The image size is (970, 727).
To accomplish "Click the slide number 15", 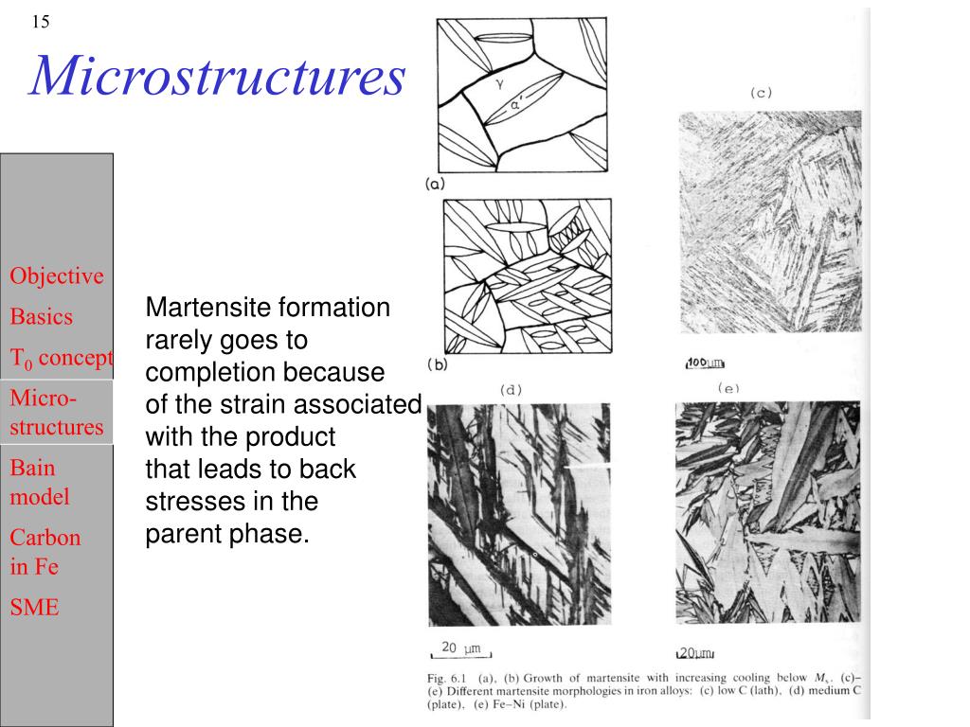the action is pyautogui.click(x=41, y=21).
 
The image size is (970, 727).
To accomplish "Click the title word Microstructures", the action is pyautogui.click(x=218, y=76).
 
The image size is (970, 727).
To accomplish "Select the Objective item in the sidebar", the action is pyautogui.click(x=57, y=276).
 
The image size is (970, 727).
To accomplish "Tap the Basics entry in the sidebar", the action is pyautogui.click(x=42, y=316).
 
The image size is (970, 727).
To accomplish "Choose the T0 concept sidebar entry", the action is pyautogui.click(x=62, y=358).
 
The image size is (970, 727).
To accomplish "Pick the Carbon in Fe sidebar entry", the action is pyautogui.click(x=45, y=552).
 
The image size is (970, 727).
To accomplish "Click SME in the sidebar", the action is pyautogui.click(x=34, y=608).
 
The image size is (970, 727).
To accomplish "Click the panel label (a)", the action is pyautogui.click(x=435, y=186).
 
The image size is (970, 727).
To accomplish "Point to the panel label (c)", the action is pyautogui.click(x=761, y=92).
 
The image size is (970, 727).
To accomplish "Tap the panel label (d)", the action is pyautogui.click(x=511, y=389).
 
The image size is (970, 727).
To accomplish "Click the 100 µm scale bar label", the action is pyautogui.click(x=705, y=363).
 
